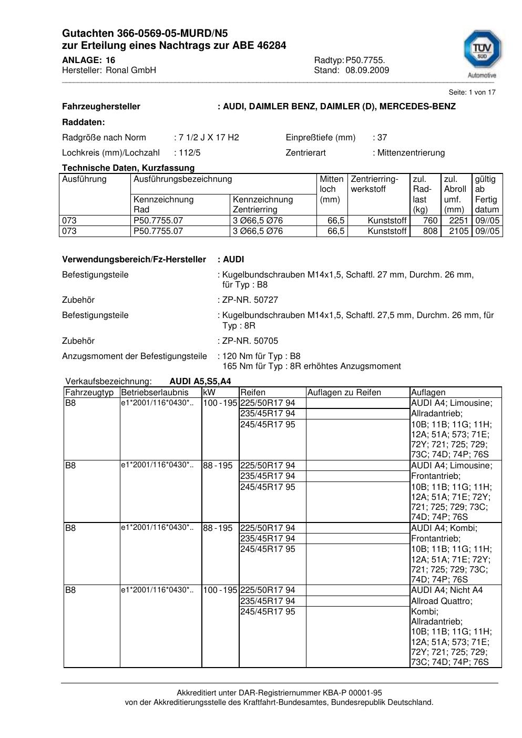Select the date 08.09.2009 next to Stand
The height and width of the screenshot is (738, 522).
pos(367,70)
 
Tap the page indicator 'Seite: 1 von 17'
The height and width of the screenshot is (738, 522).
pos(472,93)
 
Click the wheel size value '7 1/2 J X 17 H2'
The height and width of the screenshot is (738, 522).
pos(209,138)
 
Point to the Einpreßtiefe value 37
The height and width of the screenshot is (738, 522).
pos(382,138)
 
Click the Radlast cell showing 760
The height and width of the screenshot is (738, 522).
pos(430,221)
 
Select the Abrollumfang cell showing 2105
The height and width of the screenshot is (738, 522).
pos(458,231)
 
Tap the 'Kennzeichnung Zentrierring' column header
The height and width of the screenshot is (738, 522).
pos(262,204)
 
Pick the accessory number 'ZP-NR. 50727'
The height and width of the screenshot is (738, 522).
pos(250,300)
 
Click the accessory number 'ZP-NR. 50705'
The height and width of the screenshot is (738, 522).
pos(250,341)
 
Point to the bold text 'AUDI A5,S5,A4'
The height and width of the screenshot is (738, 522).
pos(200,382)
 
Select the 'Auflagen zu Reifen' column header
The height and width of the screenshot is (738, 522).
pos(344,393)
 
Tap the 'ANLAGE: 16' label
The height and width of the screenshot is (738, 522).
pos(88,60)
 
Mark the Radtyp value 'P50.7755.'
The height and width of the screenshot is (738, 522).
pos(365,60)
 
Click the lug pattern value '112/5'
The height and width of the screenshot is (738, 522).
pos(190,153)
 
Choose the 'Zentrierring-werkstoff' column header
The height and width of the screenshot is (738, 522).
pos(375,184)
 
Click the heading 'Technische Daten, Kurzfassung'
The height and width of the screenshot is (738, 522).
pos(128,168)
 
